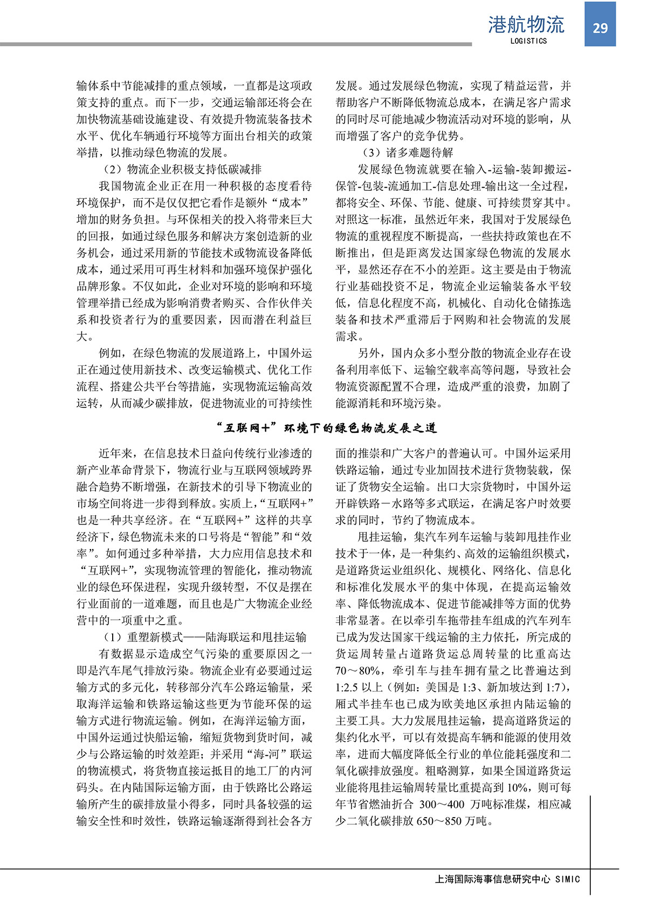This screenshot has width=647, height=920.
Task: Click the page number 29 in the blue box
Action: point(600,28)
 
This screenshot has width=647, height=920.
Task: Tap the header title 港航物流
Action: point(526,24)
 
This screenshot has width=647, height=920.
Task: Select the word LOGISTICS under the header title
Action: point(528,41)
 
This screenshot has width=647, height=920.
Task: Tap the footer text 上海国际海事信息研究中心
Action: point(492,879)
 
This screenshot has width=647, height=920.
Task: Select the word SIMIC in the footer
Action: point(567,879)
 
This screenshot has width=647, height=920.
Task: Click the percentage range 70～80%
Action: point(359,670)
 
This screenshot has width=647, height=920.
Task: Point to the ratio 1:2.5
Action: point(349,687)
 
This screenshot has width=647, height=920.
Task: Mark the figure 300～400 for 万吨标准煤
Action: point(443,804)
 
